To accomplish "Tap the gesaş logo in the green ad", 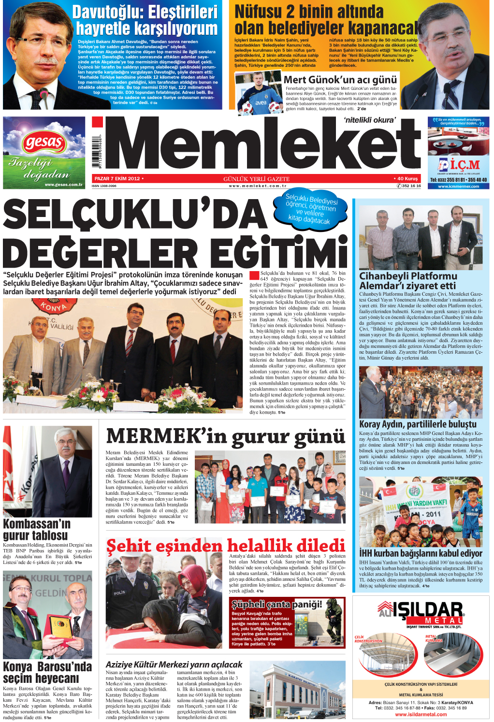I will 44,143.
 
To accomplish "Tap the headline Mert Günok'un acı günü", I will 340,80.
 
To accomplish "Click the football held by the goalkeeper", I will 245,107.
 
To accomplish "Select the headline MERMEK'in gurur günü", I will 225,436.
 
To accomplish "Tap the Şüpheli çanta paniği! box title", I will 276,604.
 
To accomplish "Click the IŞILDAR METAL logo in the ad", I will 421,612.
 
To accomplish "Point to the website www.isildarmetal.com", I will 421,714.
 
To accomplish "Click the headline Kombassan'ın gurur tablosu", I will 36,530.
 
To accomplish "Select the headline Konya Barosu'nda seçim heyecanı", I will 47,672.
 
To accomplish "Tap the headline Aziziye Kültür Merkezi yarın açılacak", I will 174,664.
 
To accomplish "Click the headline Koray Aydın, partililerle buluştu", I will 418,424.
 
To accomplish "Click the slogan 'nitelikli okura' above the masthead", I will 369,120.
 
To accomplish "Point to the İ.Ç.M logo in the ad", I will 458,165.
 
